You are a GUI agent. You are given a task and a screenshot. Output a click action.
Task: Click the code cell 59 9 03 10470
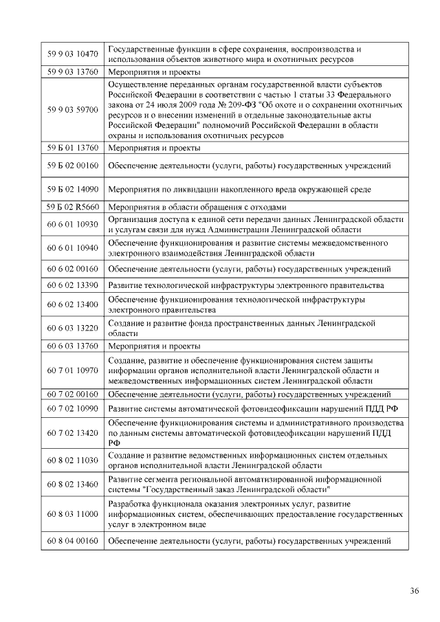coord(72,54)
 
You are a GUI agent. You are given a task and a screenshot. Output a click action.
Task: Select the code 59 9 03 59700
coord(72,109)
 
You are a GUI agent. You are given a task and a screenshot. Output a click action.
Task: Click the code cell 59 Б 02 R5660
coord(72,207)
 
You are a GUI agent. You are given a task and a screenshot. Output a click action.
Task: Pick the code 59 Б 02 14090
coord(72,188)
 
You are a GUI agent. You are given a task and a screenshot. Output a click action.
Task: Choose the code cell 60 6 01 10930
coord(72,224)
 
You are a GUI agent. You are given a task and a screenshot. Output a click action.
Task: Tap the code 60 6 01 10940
coord(72,247)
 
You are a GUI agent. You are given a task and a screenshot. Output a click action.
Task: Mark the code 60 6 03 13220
coord(72,327)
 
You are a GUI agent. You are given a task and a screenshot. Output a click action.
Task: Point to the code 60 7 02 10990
coord(72,409)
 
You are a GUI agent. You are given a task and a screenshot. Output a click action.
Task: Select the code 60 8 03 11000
coord(72,513)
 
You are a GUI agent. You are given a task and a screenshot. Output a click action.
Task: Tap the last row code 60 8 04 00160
coord(72,540)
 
